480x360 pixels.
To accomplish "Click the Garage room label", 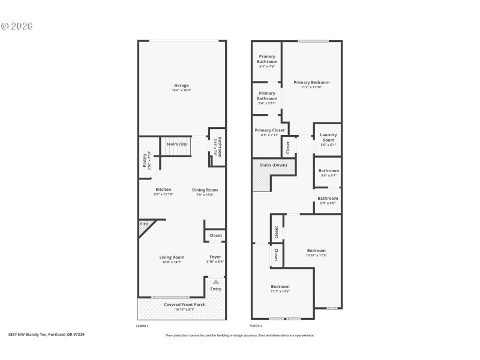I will tap(181, 85).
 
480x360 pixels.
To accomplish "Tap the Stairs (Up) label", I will tap(176, 144).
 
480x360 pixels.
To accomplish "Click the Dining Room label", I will tap(203, 190).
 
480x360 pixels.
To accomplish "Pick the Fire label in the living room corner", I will tap(144, 224).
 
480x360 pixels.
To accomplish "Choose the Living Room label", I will tap(172, 257).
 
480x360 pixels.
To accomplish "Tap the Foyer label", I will tap(215, 257).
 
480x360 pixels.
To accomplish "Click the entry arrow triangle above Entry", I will tap(216, 281).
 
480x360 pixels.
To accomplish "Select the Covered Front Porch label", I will tap(185, 304).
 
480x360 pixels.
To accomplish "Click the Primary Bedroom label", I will tap(311, 82).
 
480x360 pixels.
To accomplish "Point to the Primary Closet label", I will tap(269, 130).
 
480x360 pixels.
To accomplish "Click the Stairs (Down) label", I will tap(273, 164).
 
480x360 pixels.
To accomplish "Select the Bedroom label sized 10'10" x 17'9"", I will tap(316, 250).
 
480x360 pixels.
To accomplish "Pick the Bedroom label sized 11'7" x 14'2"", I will tap(280, 286).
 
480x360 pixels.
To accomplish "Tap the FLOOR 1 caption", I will tap(143, 325).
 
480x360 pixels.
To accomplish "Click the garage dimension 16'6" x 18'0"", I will tap(181, 91).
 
